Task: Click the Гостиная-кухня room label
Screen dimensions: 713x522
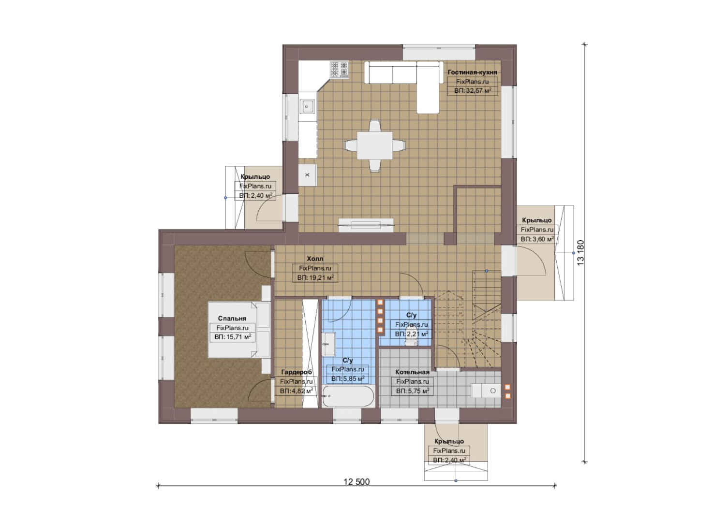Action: click(x=472, y=72)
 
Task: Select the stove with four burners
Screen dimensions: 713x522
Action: click(x=339, y=70)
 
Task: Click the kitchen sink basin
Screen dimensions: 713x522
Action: click(x=307, y=106)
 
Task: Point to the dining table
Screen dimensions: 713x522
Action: click(x=374, y=145)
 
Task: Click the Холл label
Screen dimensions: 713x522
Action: click(x=315, y=259)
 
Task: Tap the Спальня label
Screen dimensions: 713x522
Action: click(x=232, y=318)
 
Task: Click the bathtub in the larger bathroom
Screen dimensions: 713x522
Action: click(x=348, y=396)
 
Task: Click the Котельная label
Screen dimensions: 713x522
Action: click(x=412, y=372)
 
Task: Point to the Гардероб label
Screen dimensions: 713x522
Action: click(x=297, y=372)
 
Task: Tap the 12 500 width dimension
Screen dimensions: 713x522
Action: click(x=356, y=481)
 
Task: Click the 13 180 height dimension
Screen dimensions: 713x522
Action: click(x=580, y=253)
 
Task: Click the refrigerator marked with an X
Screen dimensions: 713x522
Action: click(x=307, y=175)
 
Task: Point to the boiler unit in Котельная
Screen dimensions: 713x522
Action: click(x=486, y=391)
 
